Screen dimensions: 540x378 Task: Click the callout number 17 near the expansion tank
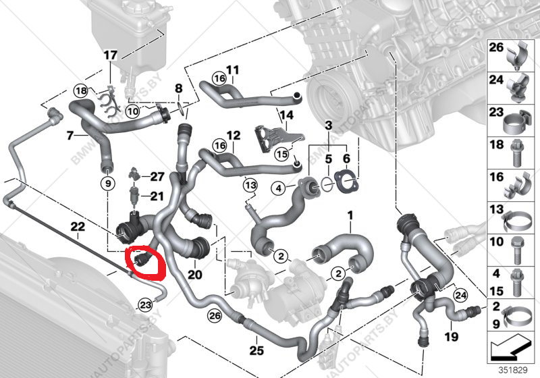coord(111,55)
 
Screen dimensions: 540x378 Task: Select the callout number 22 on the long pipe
coord(78,227)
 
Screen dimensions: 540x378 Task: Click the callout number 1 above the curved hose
coord(350,216)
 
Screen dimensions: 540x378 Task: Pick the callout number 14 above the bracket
coord(288,115)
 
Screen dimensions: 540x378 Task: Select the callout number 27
coord(157,177)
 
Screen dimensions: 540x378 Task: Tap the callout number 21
coord(157,196)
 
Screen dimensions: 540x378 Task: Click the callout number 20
coord(195,275)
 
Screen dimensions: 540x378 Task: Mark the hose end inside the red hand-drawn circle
coord(143,261)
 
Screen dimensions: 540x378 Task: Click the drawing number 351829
coord(511,369)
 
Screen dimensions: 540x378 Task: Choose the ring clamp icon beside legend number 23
coord(515,118)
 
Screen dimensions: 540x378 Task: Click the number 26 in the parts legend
coord(496,48)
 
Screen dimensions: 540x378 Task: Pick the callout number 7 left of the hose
coord(69,136)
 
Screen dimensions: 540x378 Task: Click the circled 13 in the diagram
coord(250,184)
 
